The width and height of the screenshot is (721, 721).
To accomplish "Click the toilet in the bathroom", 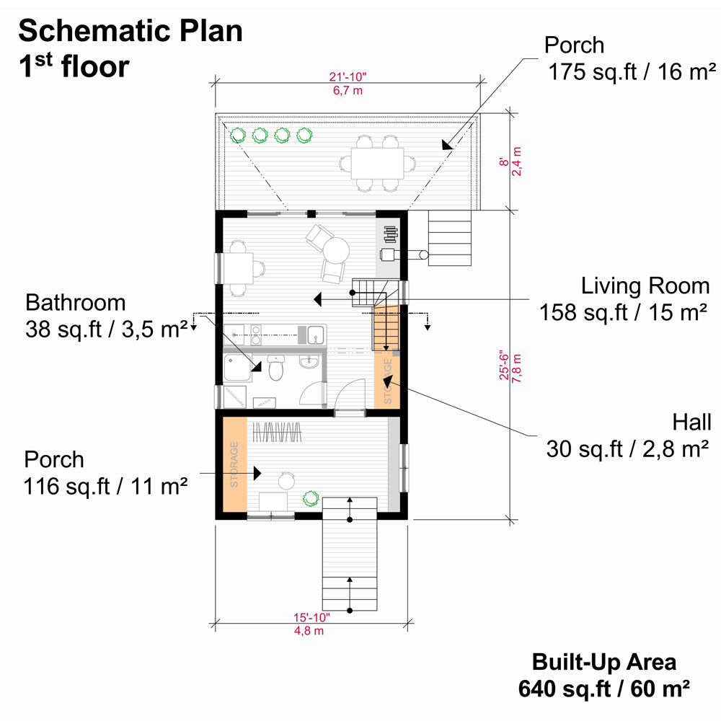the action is point(276,368).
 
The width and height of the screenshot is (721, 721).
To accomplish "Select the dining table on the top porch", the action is point(377,163).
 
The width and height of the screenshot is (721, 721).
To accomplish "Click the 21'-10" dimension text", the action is point(348,77).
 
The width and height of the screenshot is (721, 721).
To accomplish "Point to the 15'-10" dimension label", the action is point(311,618).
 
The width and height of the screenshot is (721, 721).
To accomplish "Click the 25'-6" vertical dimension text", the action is point(505,366).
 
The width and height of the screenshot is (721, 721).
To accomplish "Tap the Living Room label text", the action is point(645,286).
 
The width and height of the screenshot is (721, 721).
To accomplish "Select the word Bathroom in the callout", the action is point(76,303).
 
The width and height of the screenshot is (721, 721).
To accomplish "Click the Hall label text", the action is point(691,422).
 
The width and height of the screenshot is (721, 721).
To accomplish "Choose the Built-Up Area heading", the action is point(603,662).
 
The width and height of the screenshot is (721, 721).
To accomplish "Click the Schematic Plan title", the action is point(130,31).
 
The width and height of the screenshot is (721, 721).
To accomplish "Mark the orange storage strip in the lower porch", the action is point(235,464).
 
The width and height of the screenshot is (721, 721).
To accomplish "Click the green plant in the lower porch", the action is point(311,499).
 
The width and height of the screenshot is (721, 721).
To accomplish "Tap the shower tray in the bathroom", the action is point(238,368).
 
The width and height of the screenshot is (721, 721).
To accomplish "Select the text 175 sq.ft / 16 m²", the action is point(632,72).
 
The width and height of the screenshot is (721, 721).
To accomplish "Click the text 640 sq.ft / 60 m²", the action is point(603,689).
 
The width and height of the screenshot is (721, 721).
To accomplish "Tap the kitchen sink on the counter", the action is point(316,334).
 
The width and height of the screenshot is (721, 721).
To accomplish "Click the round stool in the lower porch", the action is point(286,481).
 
